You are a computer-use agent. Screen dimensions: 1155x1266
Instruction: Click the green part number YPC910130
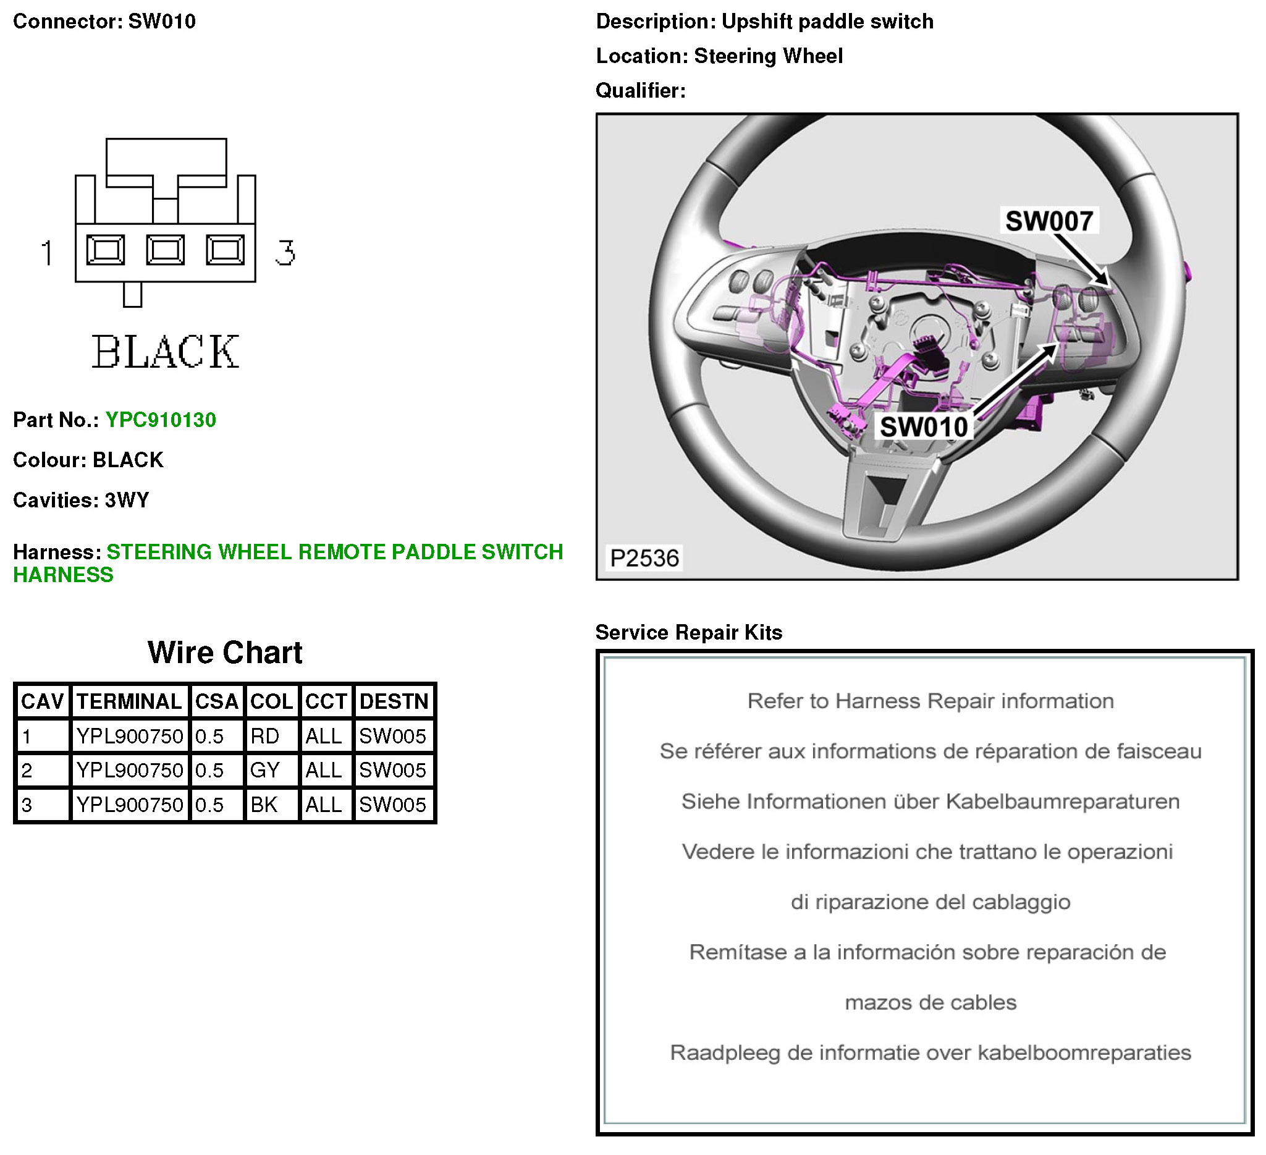(x=160, y=420)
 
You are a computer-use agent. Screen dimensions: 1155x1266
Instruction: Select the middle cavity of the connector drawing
(x=165, y=250)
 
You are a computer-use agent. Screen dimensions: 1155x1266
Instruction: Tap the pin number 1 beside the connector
(x=47, y=253)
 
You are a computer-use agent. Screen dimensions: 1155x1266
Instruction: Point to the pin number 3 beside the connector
(x=284, y=253)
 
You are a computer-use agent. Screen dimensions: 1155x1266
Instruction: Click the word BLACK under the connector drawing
(x=165, y=352)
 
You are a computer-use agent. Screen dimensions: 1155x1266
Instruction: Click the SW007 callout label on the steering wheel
(x=1049, y=221)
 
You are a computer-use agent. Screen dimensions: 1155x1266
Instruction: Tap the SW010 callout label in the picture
(x=924, y=427)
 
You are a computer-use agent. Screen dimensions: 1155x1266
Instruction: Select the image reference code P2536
(x=644, y=557)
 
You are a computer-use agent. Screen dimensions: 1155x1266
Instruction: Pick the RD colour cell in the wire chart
(x=264, y=736)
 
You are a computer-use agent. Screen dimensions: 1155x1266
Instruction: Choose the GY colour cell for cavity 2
(x=264, y=770)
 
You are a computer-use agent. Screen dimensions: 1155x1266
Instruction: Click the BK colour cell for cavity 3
(x=264, y=805)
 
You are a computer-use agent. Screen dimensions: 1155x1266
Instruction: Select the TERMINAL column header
(x=129, y=701)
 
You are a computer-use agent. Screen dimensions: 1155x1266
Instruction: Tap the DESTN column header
(x=394, y=701)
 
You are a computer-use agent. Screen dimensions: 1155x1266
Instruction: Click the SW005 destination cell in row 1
(x=392, y=736)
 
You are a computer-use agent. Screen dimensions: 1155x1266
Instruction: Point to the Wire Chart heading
(x=225, y=653)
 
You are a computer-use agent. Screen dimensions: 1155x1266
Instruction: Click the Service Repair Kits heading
(x=688, y=632)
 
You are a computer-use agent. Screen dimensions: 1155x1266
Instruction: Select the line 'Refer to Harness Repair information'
(x=930, y=701)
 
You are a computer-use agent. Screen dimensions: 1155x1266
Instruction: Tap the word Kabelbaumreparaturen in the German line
(x=1063, y=802)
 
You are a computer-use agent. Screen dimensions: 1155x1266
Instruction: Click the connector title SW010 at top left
(x=162, y=22)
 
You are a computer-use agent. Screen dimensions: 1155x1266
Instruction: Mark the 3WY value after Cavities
(x=127, y=500)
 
